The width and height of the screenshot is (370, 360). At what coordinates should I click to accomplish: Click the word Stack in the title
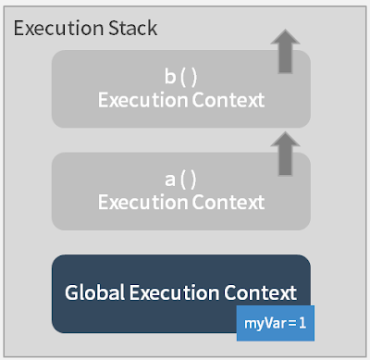(130, 28)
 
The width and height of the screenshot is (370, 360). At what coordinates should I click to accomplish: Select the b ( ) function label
(181, 77)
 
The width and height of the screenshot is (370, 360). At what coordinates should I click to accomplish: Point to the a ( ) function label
(181, 180)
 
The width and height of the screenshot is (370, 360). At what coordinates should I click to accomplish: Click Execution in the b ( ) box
(142, 99)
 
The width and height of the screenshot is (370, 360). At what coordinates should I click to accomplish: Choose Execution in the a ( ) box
(142, 202)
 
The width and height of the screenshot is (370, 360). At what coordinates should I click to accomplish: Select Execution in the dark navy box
(176, 292)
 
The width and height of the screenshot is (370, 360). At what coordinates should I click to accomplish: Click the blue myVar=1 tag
(276, 323)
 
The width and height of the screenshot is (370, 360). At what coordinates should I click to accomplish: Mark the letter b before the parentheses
(169, 77)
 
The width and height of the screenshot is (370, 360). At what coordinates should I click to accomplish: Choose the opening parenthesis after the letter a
(183, 180)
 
